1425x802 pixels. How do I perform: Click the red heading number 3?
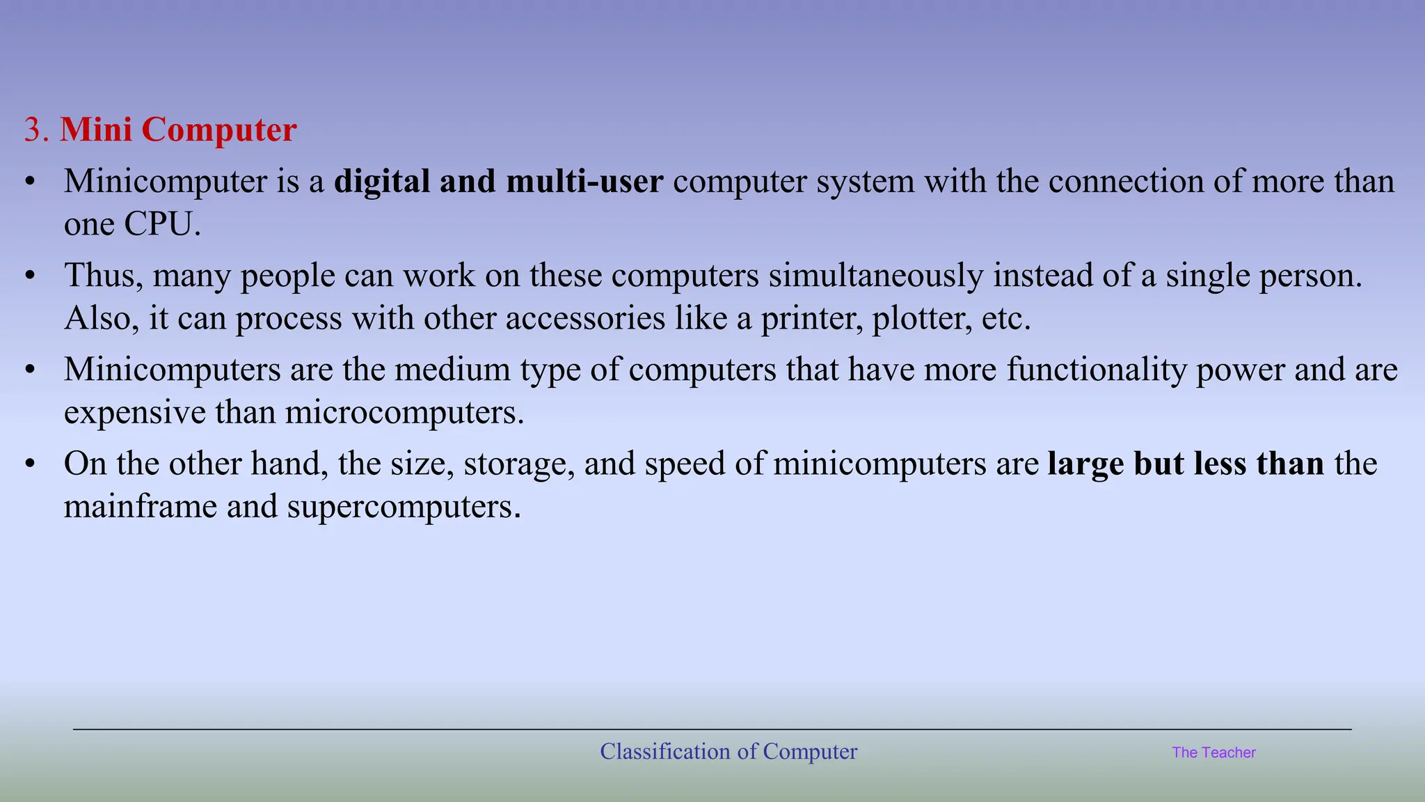32,130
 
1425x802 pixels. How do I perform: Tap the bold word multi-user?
584,182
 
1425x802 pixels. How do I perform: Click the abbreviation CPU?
161,224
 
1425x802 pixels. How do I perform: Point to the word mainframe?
141,506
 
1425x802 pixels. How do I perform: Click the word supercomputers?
403,506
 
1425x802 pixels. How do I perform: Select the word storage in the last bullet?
518,464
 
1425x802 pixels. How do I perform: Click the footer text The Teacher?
1213,753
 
